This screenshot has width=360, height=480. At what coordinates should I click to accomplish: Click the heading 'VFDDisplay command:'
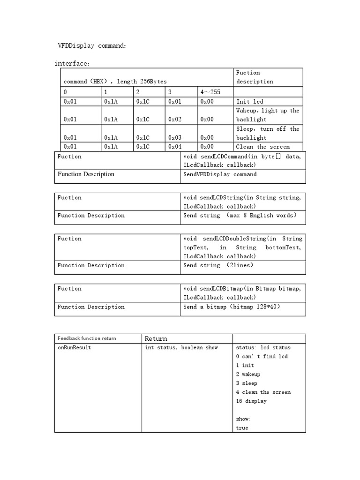[92, 46]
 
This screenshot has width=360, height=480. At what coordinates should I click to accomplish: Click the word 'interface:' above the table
[72, 63]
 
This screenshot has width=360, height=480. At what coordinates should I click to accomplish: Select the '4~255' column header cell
[210, 92]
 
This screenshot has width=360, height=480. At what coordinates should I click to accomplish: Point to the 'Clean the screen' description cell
[263, 147]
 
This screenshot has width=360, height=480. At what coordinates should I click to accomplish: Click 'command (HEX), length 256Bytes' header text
[115, 82]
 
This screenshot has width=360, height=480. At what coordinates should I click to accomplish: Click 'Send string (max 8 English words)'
[240, 216]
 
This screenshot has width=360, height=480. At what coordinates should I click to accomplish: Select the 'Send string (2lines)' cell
[218, 265]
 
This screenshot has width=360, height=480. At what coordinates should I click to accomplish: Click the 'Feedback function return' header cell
[87, 338]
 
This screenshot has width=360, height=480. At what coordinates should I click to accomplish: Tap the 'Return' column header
[156, 338]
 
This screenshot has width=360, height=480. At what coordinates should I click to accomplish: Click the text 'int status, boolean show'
[181, 348]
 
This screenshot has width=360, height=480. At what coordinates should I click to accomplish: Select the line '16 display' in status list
[251, 401]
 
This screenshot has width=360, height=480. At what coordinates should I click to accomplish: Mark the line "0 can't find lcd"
[262, 357]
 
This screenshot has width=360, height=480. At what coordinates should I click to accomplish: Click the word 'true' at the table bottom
[242, 428]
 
